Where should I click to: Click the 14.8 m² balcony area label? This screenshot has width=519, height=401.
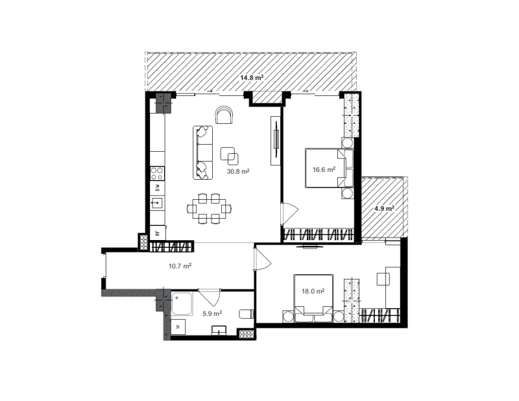pyautogui.click(x=252, y=77)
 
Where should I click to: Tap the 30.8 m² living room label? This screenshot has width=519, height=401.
pyautogui.click(x=238, y=171)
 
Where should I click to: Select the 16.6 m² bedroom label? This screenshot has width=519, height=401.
pyautogui.click(x=324, y=169)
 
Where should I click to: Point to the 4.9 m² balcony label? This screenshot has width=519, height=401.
pyautogui.click(x=384, y=208)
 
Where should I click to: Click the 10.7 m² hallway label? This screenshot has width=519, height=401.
pyautogui.click(x=180, y=265)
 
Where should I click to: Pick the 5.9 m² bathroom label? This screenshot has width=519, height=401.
pyautogui.click(x=212, y=313)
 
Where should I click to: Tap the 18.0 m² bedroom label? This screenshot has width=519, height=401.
pyautogui.click(x=313, y=291)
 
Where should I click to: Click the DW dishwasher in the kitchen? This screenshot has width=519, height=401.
pyautogui.click(x=158, y=188)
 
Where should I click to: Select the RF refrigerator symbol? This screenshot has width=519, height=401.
pyautogui.click(x=158, y=233)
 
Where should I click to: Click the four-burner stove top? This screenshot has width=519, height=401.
pyautogui.click(x=158, y=173)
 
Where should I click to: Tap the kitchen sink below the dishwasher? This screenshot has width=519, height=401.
pyautogui.click(x=158, y=202)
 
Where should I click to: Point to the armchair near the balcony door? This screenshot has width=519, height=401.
pyautogui.click(x=224, y=115)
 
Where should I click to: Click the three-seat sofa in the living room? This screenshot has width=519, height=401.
pyautogui.click(x=202, y=152)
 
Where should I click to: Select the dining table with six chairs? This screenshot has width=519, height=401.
pyautogui.click(x=209, y=209)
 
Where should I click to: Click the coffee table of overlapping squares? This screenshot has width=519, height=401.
pyautogui.click(x=230, y=156)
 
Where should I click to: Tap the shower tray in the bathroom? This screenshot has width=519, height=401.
pyautogui.click(x=182, y=304)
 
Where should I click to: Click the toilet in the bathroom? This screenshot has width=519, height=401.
pyautogui.click(x=247, y=314)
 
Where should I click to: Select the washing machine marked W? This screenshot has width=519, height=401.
pyautogui.click(x=178, y=327)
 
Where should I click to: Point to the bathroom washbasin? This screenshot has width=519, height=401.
pyautogui.click(x=219, y=330)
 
